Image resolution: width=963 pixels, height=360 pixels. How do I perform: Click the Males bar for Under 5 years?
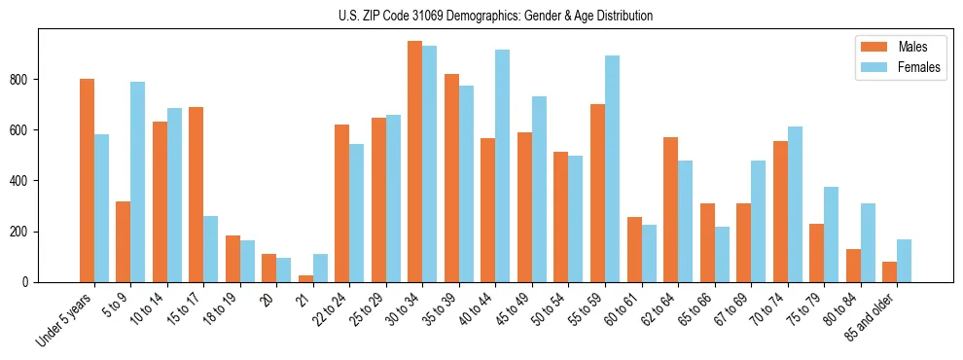click(87, 181)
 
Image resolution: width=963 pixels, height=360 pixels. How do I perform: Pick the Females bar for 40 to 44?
click(503, 166)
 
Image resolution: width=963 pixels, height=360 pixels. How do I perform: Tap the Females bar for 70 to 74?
click(795, 204)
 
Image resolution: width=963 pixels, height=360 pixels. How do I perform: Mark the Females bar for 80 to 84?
click(868, 242)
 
